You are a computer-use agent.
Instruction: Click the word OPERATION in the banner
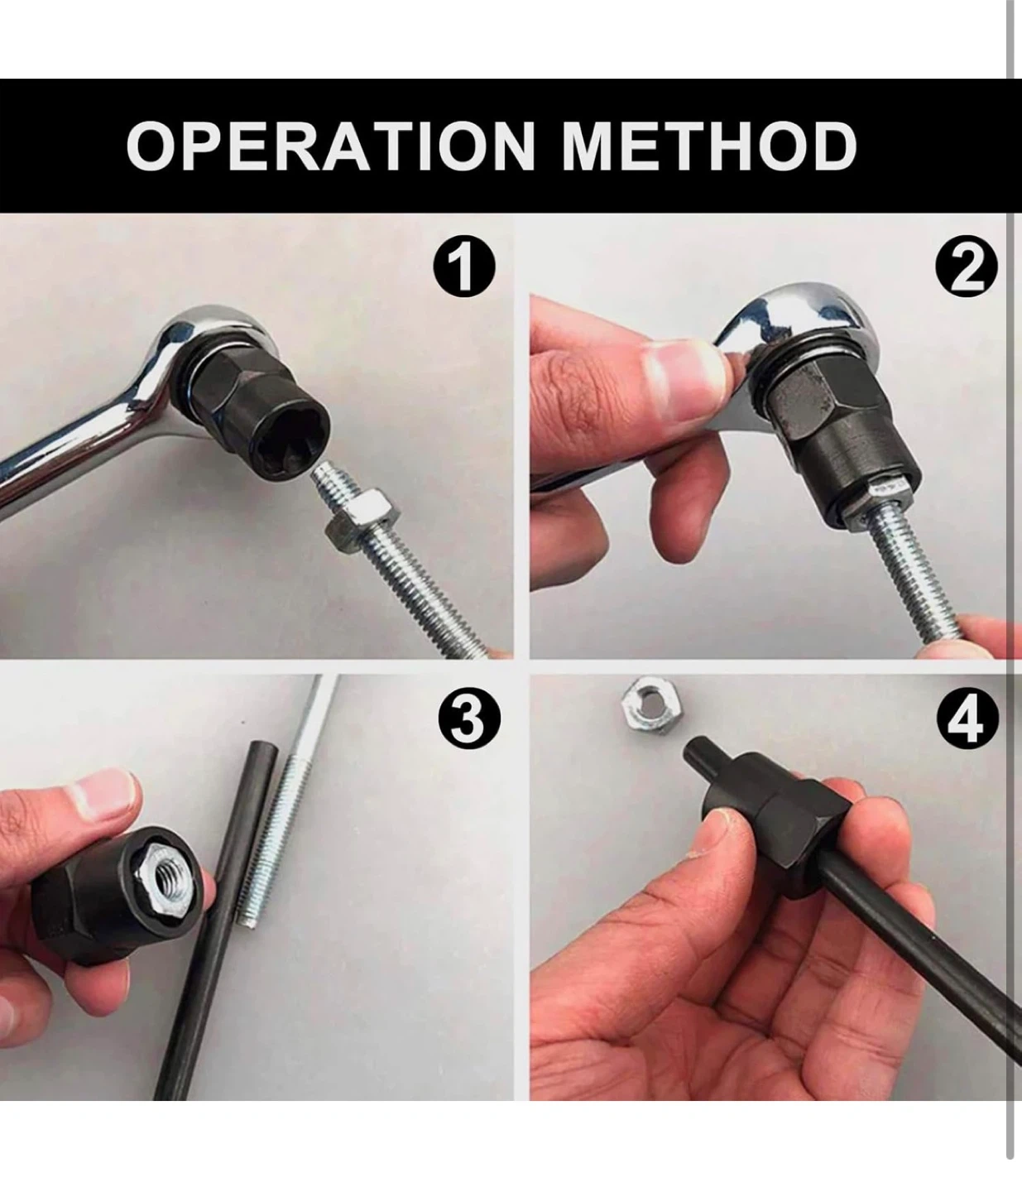point(331,146)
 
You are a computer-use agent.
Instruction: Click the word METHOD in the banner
point(709,146)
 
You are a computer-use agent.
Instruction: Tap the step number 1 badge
point(463,267)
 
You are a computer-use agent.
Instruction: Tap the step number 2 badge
point(966,267)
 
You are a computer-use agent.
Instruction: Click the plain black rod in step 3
point(216,917)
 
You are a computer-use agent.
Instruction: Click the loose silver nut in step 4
point(650,705)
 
